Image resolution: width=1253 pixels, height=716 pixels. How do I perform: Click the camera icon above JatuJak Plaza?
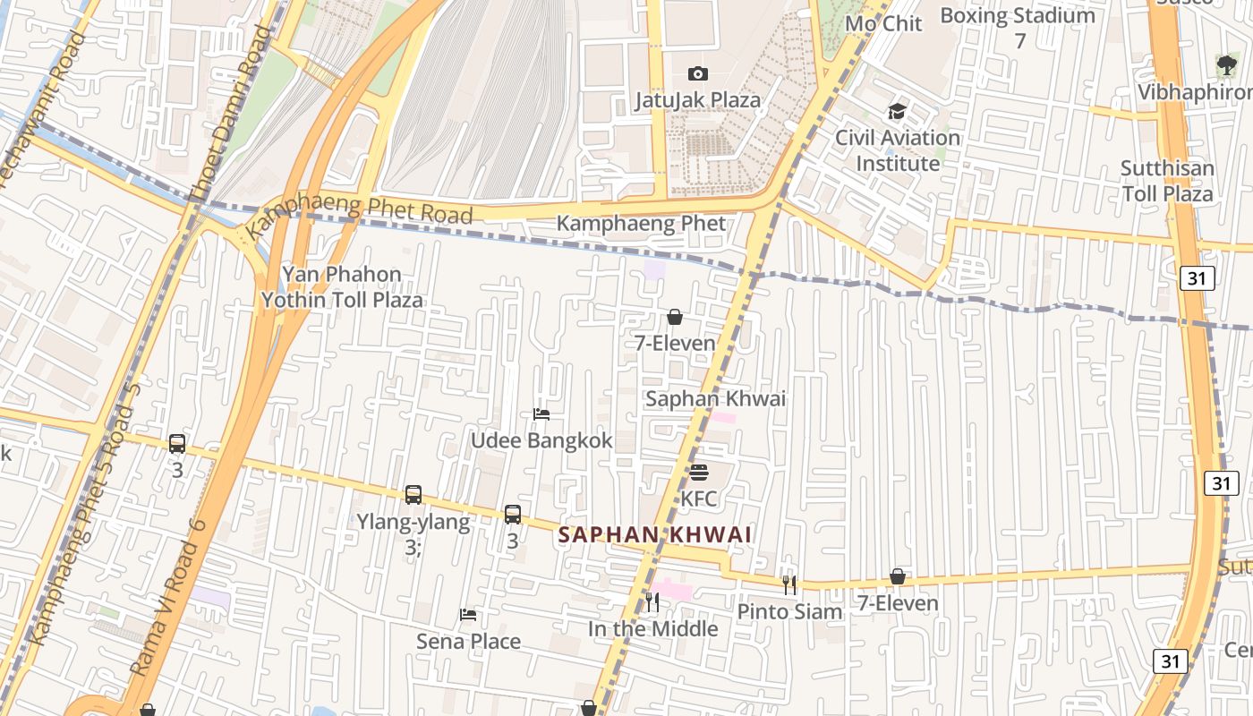(x=697, y=73)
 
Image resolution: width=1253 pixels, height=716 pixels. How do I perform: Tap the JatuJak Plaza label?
(x=697, y=100)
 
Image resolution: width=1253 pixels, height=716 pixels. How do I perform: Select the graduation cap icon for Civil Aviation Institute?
(x=897, y=112)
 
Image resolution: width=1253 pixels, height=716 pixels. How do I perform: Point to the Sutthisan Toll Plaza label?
(x=1167, y=181)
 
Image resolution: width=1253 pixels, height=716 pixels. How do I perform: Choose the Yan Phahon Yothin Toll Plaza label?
(x=342, y=287)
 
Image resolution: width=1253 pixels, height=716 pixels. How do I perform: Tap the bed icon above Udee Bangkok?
(x=541, y=414)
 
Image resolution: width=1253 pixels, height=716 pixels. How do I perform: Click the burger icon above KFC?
(x=699, y=473)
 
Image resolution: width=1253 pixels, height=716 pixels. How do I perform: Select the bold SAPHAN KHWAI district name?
(x=654, y=535)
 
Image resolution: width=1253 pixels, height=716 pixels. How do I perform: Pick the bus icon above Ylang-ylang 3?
(x=413, y=495)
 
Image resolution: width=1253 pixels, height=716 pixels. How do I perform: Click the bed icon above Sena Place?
(x=468, y=615)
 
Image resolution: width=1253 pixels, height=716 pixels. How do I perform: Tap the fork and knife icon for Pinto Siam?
(x=788, y=585)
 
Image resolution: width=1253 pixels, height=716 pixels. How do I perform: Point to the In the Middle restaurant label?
(x=652, y=629)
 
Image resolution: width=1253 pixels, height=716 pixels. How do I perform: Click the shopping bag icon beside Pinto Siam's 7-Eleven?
(x=898, y=577)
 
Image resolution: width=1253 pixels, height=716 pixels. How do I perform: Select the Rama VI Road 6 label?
(x=169, y=597)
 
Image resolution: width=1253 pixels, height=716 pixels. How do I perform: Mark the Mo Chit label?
(x=883, y=23)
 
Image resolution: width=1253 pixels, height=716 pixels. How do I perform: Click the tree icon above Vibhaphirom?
(x=1226, y=64)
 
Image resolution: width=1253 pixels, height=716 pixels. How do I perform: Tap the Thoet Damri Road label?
(x=228, y=114)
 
